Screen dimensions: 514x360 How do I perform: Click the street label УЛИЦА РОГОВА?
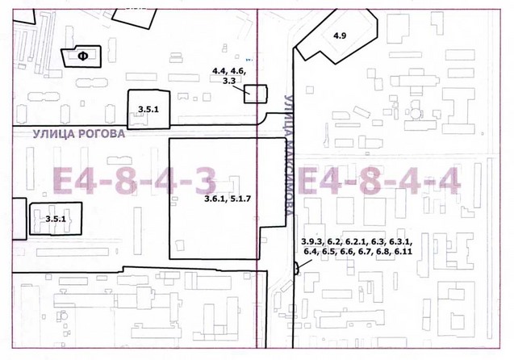coord(79,134)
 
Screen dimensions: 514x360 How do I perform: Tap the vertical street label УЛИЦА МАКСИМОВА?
coord(289,155)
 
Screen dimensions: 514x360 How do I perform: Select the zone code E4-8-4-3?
coord(135,181)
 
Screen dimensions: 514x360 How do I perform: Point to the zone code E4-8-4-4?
coord(379,181)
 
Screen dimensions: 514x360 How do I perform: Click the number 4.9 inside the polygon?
coord(340,36)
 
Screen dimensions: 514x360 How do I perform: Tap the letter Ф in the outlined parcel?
coord(83,57)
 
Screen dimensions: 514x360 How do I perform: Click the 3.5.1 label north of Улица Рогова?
coord(148,110)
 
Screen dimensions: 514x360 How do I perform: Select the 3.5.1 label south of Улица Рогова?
coord(56,219)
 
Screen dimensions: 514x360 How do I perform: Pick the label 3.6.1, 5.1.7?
coord(228,199)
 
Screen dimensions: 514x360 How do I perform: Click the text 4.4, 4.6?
coord(229,71)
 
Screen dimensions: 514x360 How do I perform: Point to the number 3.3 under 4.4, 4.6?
coord(229,81)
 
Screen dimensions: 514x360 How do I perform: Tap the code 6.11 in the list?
coord(403,252)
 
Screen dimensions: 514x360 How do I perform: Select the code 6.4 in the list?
coord(310,252)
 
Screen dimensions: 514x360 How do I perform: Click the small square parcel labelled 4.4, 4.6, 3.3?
coord(255,94)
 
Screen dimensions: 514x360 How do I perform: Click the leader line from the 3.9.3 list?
coord(305,265)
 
